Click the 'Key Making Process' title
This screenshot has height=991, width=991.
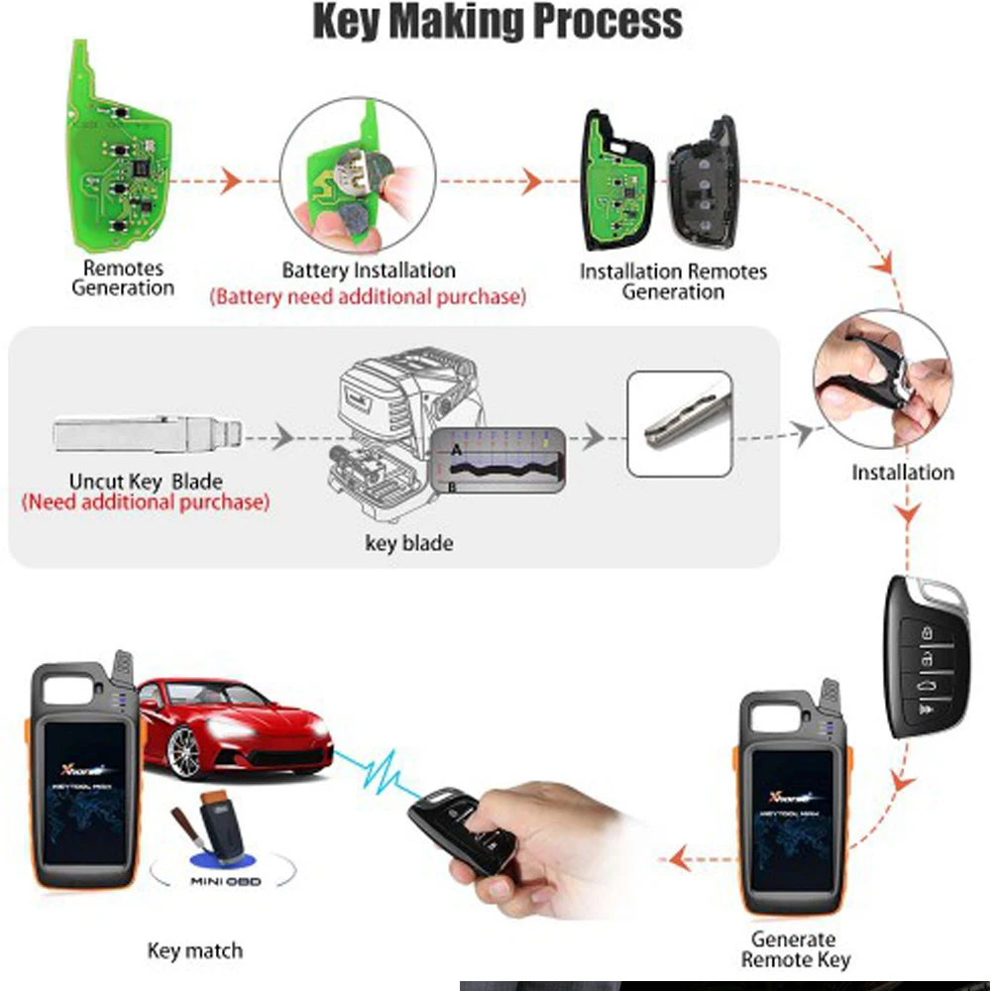[497, 22]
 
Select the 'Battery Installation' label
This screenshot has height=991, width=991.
[369, 271]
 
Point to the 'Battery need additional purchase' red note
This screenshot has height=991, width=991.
[368, 295]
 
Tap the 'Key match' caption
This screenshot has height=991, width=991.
[195, 951]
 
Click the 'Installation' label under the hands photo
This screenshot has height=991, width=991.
[903, 473]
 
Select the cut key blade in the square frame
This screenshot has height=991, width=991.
[680, 423]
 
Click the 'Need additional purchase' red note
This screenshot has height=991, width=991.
[145, 502]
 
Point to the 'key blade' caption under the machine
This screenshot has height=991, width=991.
[408, 542]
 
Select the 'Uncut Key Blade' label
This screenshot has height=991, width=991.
[146, 481]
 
